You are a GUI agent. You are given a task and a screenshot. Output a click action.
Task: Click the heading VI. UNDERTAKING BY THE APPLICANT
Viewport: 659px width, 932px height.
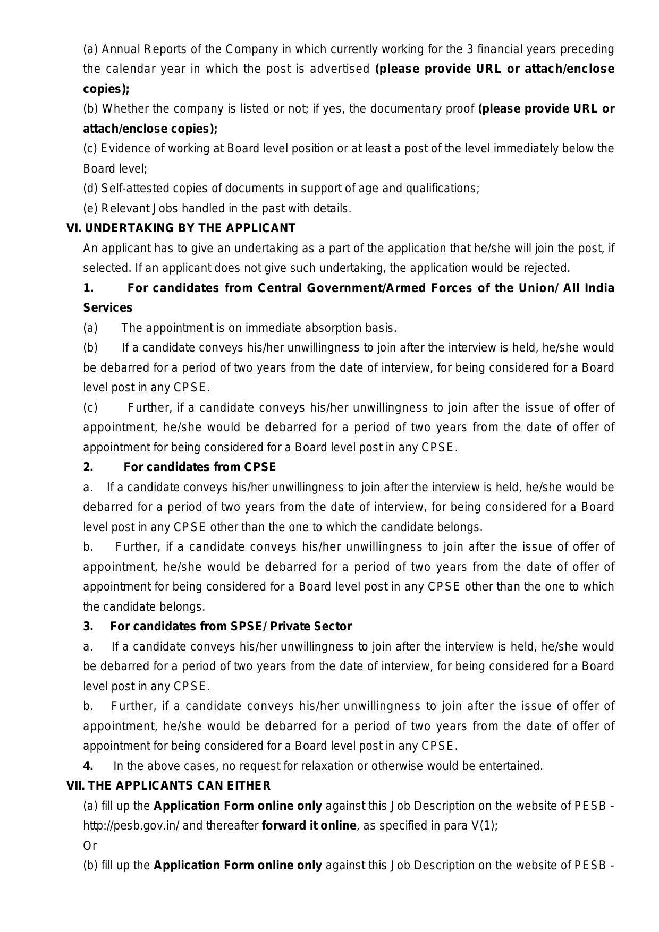pyautogui.click(x=181, y=228)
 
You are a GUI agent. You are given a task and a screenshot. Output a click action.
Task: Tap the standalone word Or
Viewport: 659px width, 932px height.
pyautogui.click(x=90, y=845)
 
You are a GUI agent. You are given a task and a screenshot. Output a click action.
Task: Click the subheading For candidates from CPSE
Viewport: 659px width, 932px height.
pyautogui.click(x=200, y=467)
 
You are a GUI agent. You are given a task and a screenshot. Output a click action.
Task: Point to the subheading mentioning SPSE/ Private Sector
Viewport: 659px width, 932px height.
pyautogui.click(x=231, y=627)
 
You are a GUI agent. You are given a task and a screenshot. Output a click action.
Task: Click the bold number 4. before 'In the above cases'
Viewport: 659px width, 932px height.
pyautogui.click(x=88, y=766)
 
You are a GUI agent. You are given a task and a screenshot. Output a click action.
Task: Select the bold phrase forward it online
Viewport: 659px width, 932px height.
pyautogui.click(x=309, y=826)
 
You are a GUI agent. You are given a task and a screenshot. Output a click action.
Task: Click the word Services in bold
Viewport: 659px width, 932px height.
pyautogui.click(x=108, y=308)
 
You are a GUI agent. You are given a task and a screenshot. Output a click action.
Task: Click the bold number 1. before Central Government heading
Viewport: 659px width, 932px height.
pyautogui.click(x=88, y=288)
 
